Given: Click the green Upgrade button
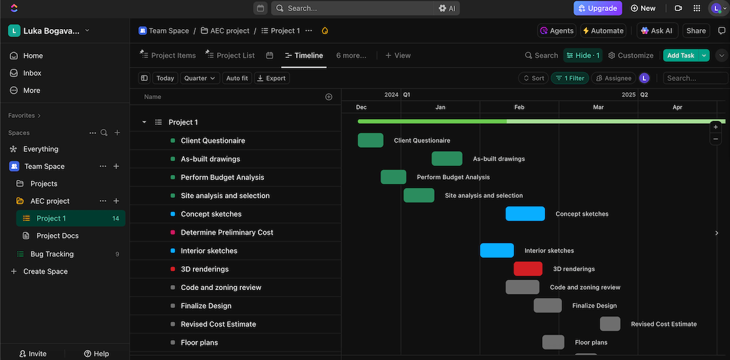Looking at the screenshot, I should click(x=597, y=8).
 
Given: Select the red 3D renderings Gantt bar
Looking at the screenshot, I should click(x=527, y=269).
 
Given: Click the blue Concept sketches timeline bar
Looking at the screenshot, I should click(x=525, y=214).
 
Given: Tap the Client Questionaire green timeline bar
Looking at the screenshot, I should click(x=370, y=140).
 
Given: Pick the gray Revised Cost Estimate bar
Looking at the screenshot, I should click(x=610, y=324).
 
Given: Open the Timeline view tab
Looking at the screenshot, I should click(x=304, y=55).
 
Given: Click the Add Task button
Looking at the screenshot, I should click(x=680, y=55).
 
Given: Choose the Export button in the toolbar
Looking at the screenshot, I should click(x=271, y=78).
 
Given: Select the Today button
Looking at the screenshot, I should click(x=165, y=78).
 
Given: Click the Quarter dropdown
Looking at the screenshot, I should click(x=200, y=78).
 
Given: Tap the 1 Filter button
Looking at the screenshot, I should click(x=570, y=78).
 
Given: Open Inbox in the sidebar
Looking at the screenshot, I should click(x=32, y=73).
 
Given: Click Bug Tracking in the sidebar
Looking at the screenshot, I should click(x=52, y=254).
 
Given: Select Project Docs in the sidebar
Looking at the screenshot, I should click(x=57, y=235).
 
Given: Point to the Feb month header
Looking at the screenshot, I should click(x=519, y=107).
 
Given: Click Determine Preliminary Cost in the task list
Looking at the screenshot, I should click(x=227, y=232).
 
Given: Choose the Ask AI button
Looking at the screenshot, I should click(x=656, y=30).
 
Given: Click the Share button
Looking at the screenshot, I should click(x=696, y=30).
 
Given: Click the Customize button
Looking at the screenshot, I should click(x=631, y=55).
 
